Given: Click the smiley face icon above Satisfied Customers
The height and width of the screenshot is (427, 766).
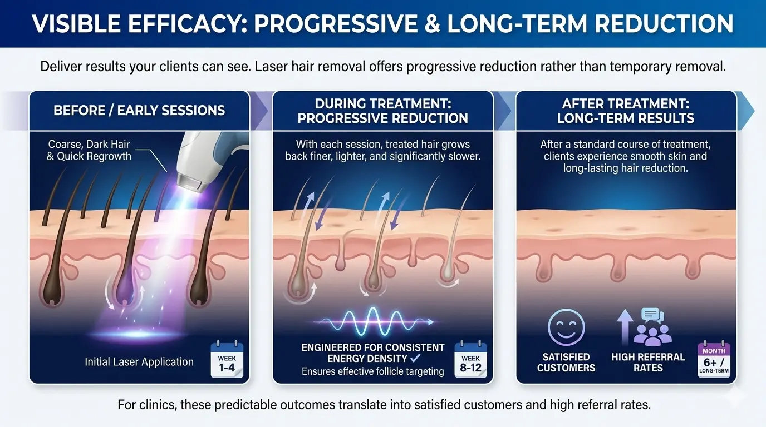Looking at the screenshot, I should pos(566,328).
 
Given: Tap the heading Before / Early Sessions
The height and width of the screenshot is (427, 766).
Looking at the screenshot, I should pos(139,110).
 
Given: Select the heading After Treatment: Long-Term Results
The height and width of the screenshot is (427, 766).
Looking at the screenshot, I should pos(627,111).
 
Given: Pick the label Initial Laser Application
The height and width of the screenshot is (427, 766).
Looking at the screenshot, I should pos(139,361).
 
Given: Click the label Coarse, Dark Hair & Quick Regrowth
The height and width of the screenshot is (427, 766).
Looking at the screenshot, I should pos(89,150).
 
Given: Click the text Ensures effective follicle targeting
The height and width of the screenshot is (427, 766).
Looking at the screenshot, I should pos(373,371).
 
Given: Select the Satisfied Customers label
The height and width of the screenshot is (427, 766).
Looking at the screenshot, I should pos(566,362).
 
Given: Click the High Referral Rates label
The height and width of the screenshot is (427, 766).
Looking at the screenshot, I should pos(648,362).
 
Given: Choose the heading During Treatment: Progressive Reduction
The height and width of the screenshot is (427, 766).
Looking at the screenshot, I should pos(383,111).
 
